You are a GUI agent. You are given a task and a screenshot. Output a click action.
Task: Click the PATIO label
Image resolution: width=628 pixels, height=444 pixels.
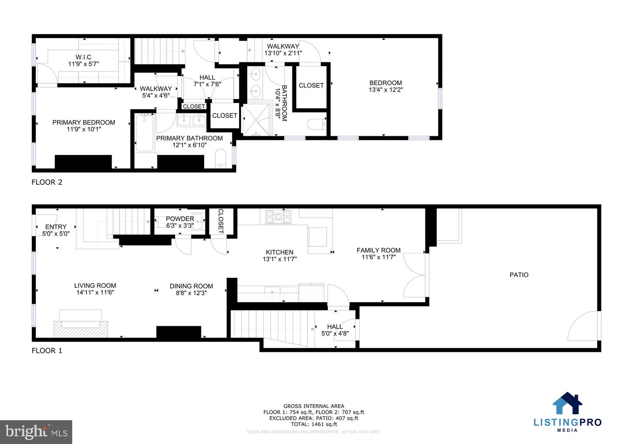click(519, 275)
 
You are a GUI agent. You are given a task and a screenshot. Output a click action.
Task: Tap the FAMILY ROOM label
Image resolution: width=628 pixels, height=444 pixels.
click(378, 250)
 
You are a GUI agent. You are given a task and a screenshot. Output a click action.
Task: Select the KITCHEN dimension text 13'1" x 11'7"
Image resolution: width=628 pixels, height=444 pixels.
click(280, 259)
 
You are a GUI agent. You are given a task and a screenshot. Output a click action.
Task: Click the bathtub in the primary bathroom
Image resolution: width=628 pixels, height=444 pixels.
click(144, 133)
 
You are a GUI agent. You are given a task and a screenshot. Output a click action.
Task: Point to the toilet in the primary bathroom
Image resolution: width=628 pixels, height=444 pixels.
click(221, 158)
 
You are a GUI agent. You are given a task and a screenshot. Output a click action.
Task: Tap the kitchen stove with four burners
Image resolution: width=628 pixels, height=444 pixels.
click(278, 217)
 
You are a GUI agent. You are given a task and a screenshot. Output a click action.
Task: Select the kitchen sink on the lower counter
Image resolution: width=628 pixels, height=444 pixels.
click(273, 292)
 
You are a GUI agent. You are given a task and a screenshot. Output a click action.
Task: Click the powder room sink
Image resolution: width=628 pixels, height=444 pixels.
click(198, 221)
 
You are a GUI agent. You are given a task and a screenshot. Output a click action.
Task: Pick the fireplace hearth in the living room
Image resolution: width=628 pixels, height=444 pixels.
click(81, 328)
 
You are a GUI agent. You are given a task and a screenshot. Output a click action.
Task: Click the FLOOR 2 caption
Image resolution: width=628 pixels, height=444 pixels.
click(47, 182)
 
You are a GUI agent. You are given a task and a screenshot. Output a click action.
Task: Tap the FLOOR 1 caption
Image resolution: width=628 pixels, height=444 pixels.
click(47, 351)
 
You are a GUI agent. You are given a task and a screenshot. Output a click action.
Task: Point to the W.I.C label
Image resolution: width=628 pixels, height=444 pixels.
click(83, 57)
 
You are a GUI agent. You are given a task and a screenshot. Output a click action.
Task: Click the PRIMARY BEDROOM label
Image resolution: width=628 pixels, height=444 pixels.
click(84, 123)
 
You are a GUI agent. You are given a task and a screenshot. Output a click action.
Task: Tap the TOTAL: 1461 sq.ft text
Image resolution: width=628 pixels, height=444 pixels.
click(314, 424)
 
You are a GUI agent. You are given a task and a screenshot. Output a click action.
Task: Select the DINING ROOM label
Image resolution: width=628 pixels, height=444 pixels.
click(191, 286)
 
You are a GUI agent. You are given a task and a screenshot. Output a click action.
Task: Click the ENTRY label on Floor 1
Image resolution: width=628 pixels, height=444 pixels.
click(56, 227)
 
